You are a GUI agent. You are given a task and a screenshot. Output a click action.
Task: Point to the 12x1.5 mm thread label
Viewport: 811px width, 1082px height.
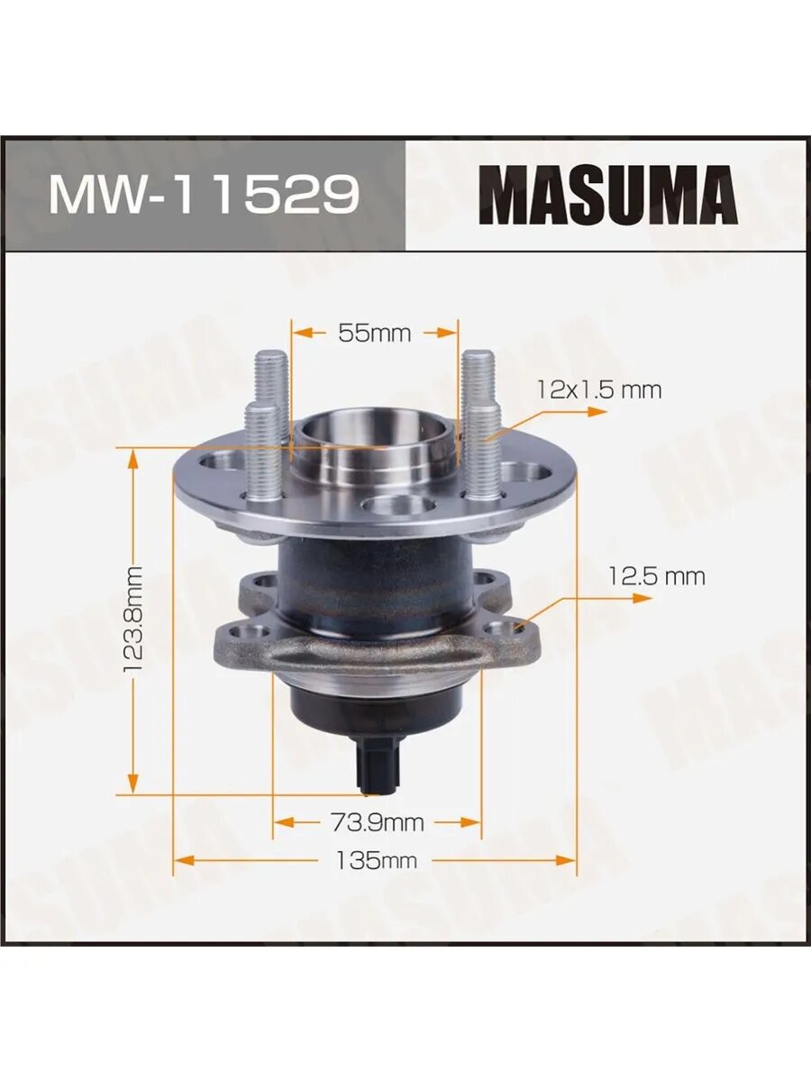598,392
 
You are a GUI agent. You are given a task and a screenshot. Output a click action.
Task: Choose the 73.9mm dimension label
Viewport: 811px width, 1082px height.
378,821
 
